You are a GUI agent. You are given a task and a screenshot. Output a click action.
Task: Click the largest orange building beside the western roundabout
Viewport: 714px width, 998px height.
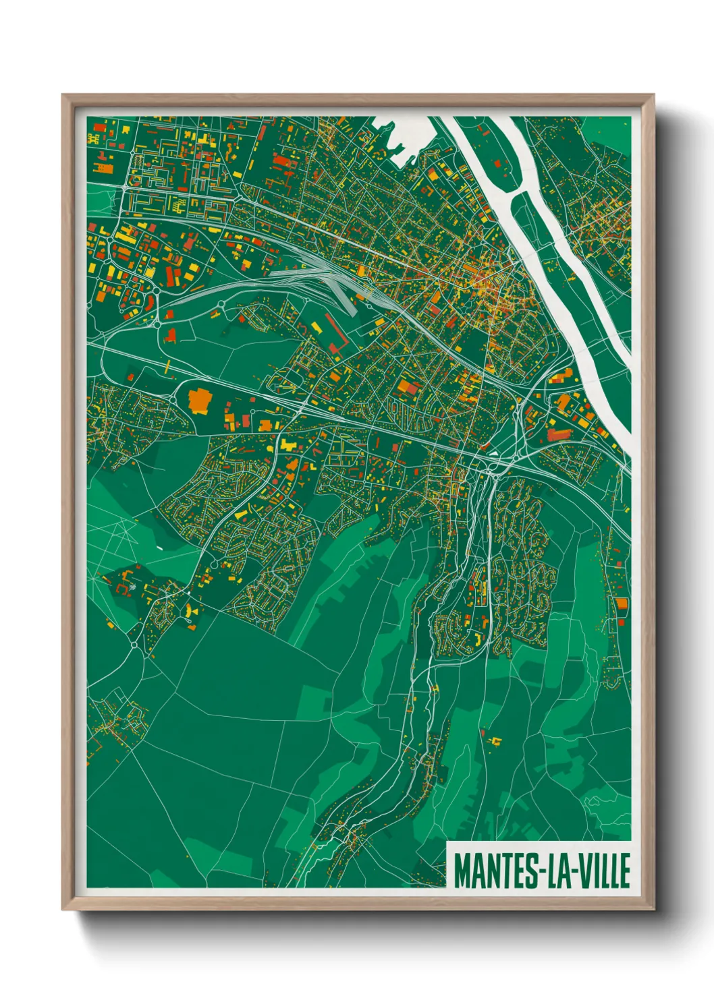point(199,400)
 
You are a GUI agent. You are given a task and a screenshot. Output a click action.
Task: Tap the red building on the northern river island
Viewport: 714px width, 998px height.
point(497,163)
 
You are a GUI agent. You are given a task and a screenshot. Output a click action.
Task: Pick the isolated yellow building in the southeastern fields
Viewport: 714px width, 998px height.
point(496,741)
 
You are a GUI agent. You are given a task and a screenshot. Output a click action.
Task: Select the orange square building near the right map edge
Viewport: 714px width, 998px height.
point(621,604)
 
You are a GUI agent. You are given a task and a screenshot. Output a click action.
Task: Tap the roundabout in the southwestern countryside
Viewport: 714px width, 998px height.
point(135,645)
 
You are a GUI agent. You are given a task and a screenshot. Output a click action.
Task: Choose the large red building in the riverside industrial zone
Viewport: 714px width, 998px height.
point(557,434)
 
